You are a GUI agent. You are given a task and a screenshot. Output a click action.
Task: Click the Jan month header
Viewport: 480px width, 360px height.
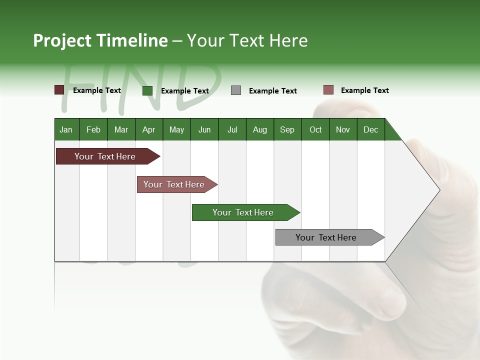point(66,129)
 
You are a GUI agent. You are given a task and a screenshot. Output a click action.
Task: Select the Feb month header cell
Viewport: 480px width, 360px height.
point(93,129)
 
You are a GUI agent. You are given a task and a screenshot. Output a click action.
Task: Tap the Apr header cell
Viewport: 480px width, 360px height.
point(149,129)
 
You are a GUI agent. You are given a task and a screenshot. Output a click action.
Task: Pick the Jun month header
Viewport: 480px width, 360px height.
point(204,129)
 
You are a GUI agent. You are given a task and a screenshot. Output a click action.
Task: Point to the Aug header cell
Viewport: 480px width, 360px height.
point(260,129)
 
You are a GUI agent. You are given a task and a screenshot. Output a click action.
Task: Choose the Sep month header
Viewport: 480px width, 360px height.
point(287,129)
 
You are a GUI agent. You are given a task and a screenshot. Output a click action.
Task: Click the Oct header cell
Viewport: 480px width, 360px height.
point(315,129)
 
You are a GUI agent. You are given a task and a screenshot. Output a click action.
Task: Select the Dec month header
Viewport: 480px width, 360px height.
point(371,129)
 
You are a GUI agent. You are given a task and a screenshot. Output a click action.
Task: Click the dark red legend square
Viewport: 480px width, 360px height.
point(59,90)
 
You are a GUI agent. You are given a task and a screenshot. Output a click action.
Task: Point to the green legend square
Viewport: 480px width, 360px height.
point(147,90)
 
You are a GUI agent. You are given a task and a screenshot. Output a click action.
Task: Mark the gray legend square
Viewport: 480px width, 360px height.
point(236,90)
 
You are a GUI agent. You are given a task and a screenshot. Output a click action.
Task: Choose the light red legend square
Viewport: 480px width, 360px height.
point(328,90)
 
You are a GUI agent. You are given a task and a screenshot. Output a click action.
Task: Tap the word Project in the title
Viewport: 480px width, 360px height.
point(62,40)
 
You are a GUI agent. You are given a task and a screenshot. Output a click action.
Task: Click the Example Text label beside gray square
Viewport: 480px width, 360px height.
point(273,91)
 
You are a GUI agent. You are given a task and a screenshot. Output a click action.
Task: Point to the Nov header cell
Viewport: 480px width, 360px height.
point(343,129)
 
